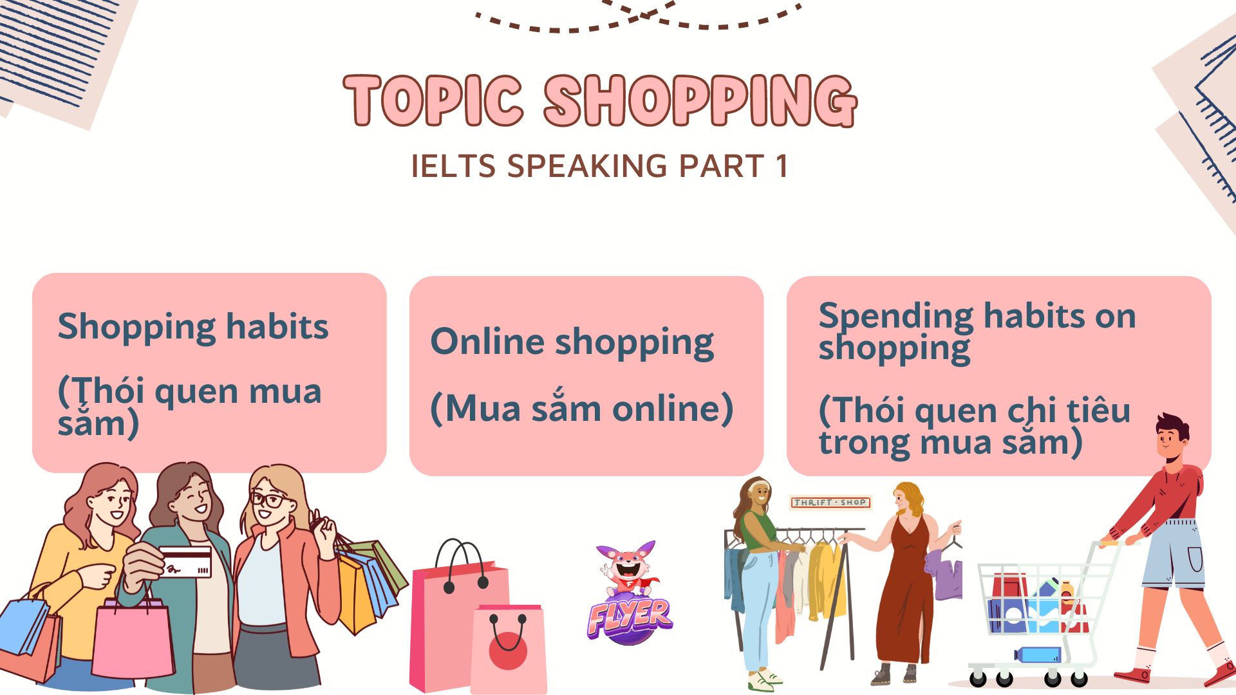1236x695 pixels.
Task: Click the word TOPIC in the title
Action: [433, 101]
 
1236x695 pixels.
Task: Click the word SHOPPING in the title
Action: [700, 101]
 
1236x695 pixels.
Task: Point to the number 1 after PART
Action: [782, 166]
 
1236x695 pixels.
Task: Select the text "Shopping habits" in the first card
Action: [193, 327]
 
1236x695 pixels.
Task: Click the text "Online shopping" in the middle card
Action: [572, 342]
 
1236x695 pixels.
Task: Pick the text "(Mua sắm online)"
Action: [581, 408]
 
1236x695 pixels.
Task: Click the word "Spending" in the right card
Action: [895, 316]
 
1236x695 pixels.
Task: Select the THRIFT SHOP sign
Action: [830, 502]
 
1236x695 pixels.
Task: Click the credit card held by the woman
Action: [185, 562]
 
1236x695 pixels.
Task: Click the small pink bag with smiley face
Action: [509, 647]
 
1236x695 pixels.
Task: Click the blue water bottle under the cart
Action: [1038, 654]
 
